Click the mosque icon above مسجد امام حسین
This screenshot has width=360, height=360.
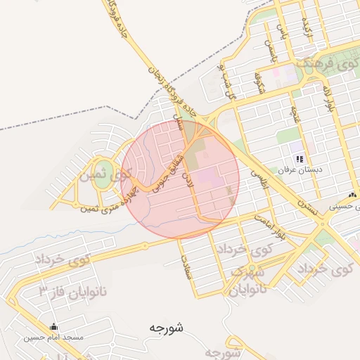tap(54, 327)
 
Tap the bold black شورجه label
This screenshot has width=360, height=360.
tap(166, 328)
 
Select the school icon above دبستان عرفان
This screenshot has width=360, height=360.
tap(300, 160)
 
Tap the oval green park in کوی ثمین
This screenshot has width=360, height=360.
tap(103, 169)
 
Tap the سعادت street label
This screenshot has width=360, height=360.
tap(188, 268)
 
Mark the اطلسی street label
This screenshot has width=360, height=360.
tap(264, 181)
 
